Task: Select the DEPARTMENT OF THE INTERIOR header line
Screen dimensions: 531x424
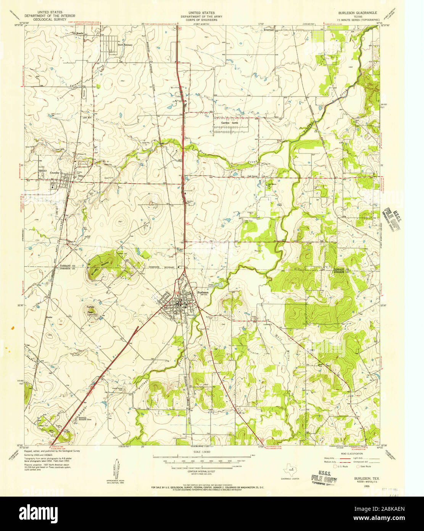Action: pyautogui.click(x=50, y=16)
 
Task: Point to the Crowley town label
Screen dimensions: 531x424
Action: pyautogui.click(x=55, y=173)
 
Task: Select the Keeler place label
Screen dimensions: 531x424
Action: pyautogui.click(x=49, y=317)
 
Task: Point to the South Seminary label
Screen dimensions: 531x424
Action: pyautogui.click(x=125, y=45)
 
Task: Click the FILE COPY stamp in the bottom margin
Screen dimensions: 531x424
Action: pyautogui.click(x=323, y=478)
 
